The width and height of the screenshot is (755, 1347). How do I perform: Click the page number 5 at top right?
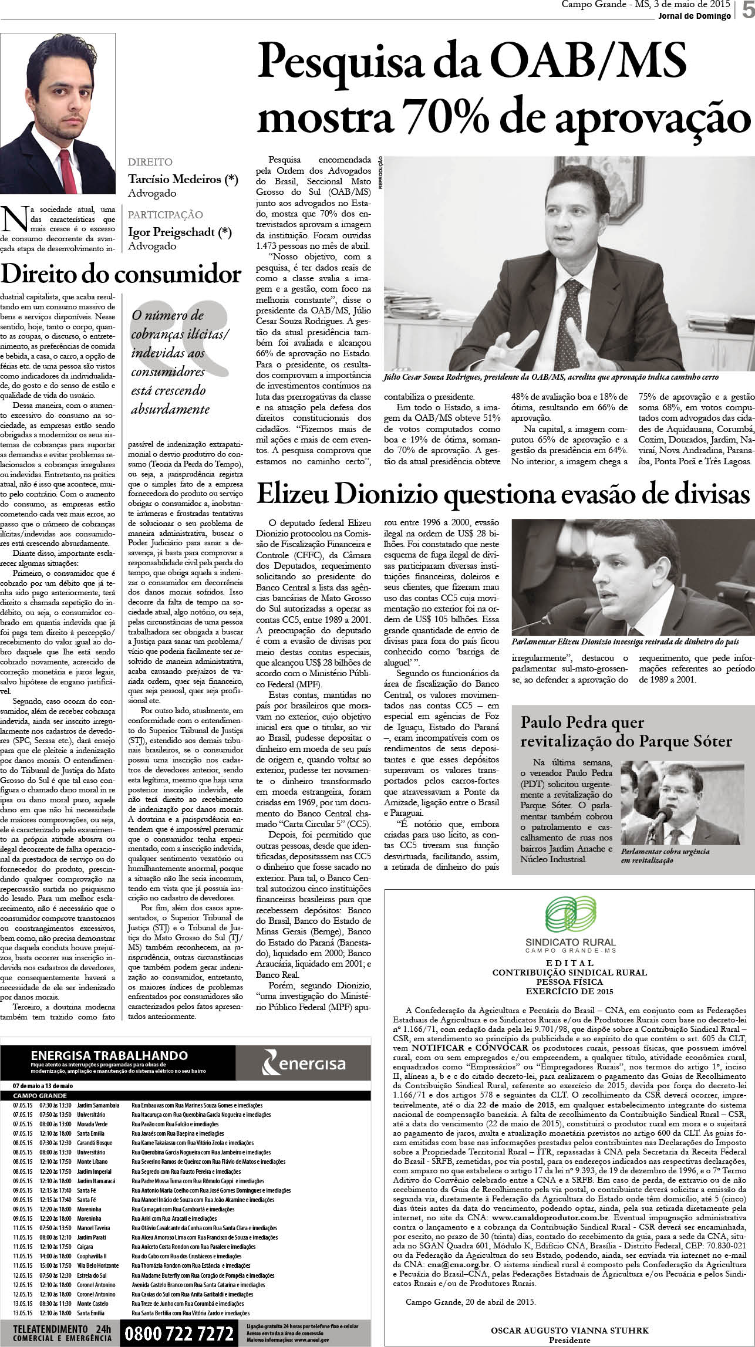coord(747,11)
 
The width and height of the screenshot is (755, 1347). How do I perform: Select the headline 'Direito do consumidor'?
coord(121,274)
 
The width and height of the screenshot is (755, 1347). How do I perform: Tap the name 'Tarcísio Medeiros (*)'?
coord(183,179)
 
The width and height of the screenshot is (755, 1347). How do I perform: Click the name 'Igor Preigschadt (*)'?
coord(180,232)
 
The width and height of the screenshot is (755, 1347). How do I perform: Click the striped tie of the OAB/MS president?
coord(572,317)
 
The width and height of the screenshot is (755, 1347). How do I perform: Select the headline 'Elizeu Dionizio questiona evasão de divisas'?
coord(503,494)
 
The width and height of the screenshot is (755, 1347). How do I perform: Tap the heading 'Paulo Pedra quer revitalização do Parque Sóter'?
coord(626,731)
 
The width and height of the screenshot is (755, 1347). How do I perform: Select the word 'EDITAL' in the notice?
coord(569,963)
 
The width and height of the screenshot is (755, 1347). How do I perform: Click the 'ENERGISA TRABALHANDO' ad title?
coord(109,1055)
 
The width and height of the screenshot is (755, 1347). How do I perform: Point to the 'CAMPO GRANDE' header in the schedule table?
coord(39,1096)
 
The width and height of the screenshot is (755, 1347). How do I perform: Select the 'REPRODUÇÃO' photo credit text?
coord(380,173)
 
